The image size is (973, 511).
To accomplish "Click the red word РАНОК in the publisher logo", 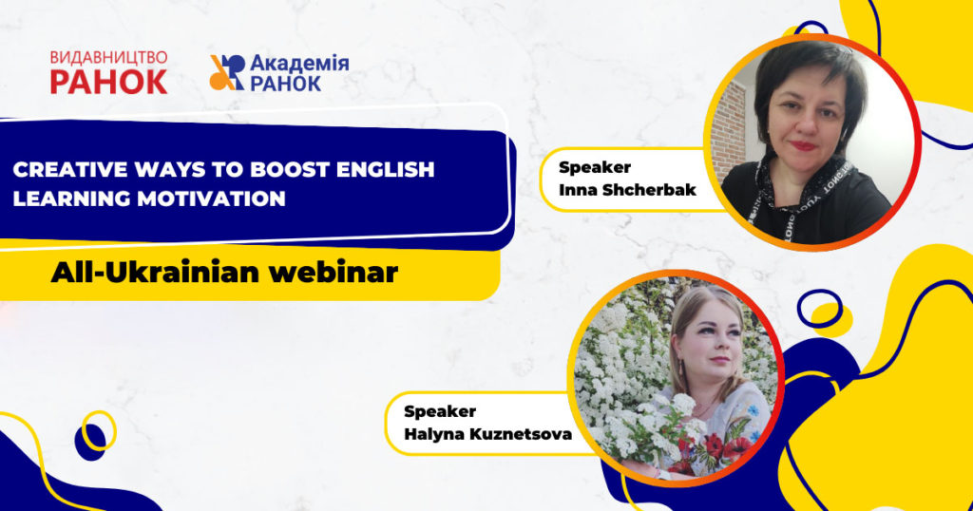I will (108, 82).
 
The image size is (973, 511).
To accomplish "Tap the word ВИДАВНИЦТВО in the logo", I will (108, 58).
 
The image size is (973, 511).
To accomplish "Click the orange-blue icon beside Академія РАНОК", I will (226, 73).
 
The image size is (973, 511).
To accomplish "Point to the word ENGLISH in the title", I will (388, 170).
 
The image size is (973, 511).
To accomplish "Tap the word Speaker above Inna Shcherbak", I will (595, 167).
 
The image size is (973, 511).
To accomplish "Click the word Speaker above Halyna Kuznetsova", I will (440, 411).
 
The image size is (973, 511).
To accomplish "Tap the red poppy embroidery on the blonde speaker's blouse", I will (714, 445).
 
